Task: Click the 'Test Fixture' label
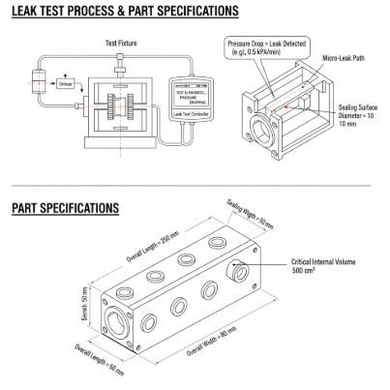(120, 43)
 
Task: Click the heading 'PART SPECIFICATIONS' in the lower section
(65, 208)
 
